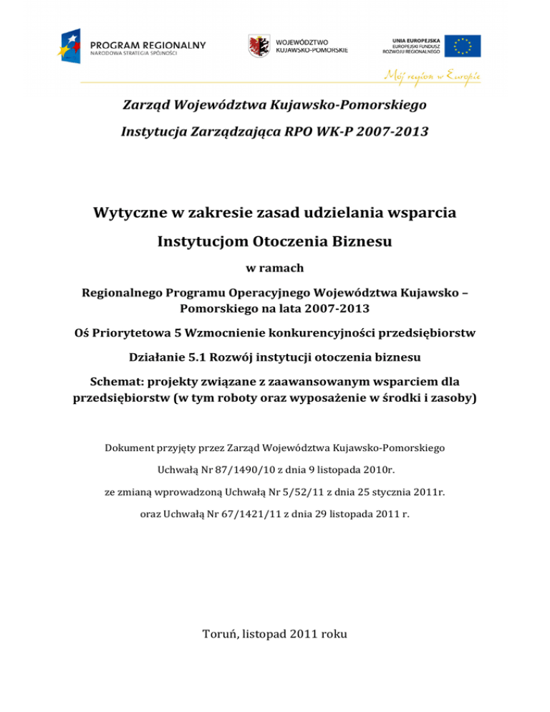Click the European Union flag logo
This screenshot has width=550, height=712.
point(462,45)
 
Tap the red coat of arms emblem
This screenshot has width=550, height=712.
point(259,45)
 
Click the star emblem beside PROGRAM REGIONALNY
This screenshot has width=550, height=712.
point(73,45)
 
